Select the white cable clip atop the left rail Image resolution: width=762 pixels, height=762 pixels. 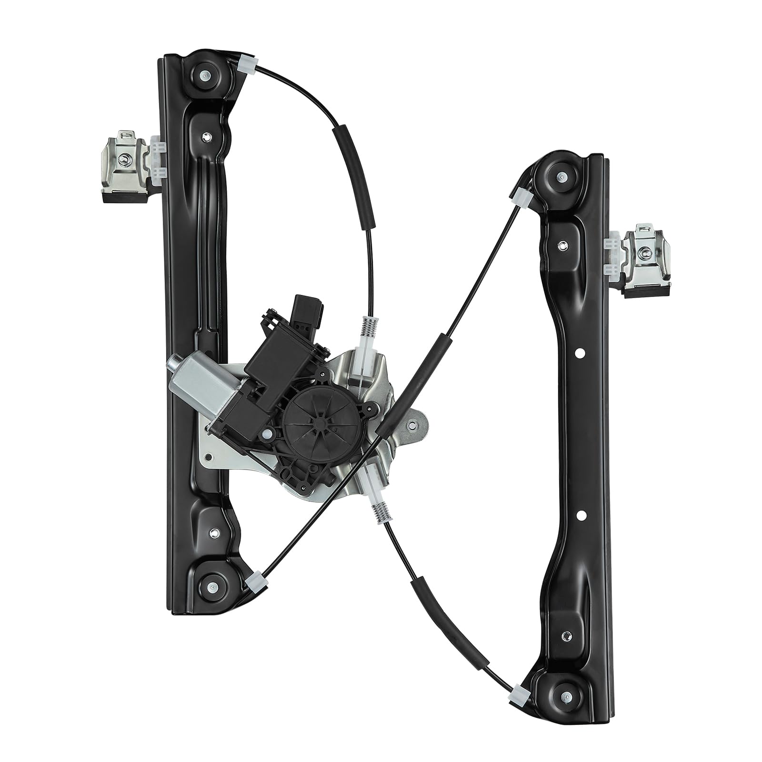click(248, 61)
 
